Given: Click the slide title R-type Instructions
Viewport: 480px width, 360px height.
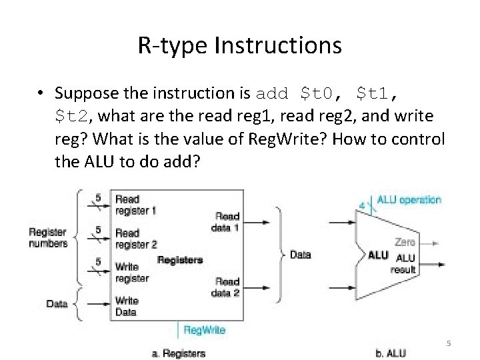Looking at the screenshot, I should pyautogui.click(x=239, y=45).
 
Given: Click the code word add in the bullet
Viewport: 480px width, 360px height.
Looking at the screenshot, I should pyautogui.click(x=272, y=93).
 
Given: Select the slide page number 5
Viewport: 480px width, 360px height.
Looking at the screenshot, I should pyautogui.click(x=449, y=343).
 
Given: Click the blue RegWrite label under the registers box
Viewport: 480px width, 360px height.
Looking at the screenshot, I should pyautogui.click(x=204, y=330).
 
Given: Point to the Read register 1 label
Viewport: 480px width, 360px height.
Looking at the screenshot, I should pyautogui.click(x=136, y=205).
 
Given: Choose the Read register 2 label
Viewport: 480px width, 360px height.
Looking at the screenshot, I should pyautogui.click(x=136, y=239).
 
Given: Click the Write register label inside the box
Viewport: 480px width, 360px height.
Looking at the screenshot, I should pyautogui.click(x=131, y=273).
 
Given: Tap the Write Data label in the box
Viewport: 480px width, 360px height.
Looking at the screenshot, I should pyautogui.click(x=126, y=307).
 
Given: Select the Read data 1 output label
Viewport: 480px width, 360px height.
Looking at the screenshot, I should pyautogui.click(x=227, y=221).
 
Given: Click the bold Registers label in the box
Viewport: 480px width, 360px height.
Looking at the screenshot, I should pyautogui.click(x=180, y=259).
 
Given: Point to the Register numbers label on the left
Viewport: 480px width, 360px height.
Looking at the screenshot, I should pyautogui.click(x=48, y=238).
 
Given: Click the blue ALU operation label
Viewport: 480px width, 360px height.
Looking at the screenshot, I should pyautogui.click(x=409, y=199).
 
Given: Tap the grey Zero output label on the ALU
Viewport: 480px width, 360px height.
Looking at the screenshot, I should pyautogui.click(x=405, y=242).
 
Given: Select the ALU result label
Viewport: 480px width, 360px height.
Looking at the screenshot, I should pyautogui.click(x=405, y=264).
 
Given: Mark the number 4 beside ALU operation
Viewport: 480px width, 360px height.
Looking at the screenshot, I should pyautogui.click(x=361, y=205).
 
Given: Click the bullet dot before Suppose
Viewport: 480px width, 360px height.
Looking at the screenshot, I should pyautogui.click(x=41, y=93).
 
